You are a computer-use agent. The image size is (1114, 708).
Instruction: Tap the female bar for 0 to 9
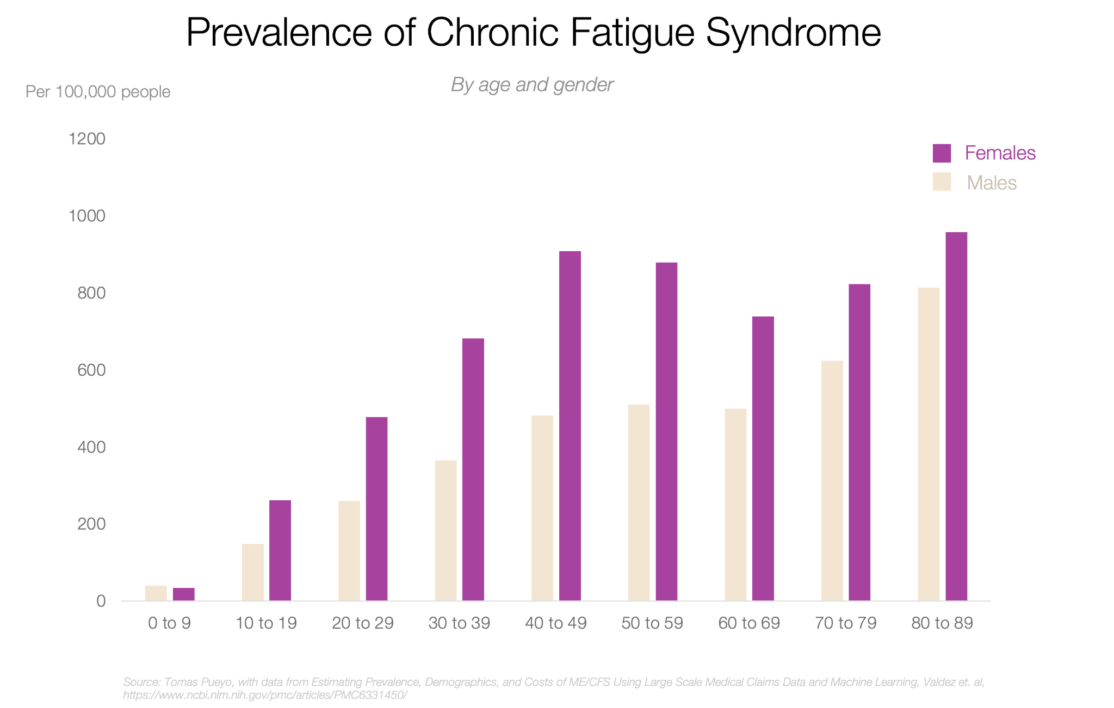click(x=183, y=594)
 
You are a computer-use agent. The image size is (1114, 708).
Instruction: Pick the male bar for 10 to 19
click(x=252, y=572)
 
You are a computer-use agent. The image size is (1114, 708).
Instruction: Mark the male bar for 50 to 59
click(x=639, y=502)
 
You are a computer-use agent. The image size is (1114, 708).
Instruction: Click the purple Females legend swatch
click(x=942, y=153)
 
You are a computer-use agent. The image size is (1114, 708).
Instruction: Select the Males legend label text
click(x=991, y=183)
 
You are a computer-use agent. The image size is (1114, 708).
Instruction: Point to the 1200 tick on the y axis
click(x=87, y=139)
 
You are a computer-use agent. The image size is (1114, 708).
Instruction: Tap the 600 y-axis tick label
click(x=91, y=370)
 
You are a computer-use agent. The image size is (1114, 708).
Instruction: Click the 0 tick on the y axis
click(x=101, y=601)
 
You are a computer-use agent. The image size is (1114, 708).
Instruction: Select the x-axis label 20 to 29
click(x=362, y=623)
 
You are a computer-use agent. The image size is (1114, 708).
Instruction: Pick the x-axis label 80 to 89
click(x=942, y=623)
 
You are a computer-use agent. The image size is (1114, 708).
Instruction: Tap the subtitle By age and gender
click(x=532, y=85)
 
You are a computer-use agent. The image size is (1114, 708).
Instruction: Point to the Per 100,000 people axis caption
click(x=98, y=92)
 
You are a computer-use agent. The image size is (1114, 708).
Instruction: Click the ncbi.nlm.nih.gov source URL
click(x=265, y=695)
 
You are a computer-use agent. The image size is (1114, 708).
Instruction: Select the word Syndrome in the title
click(x=793, y=33)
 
